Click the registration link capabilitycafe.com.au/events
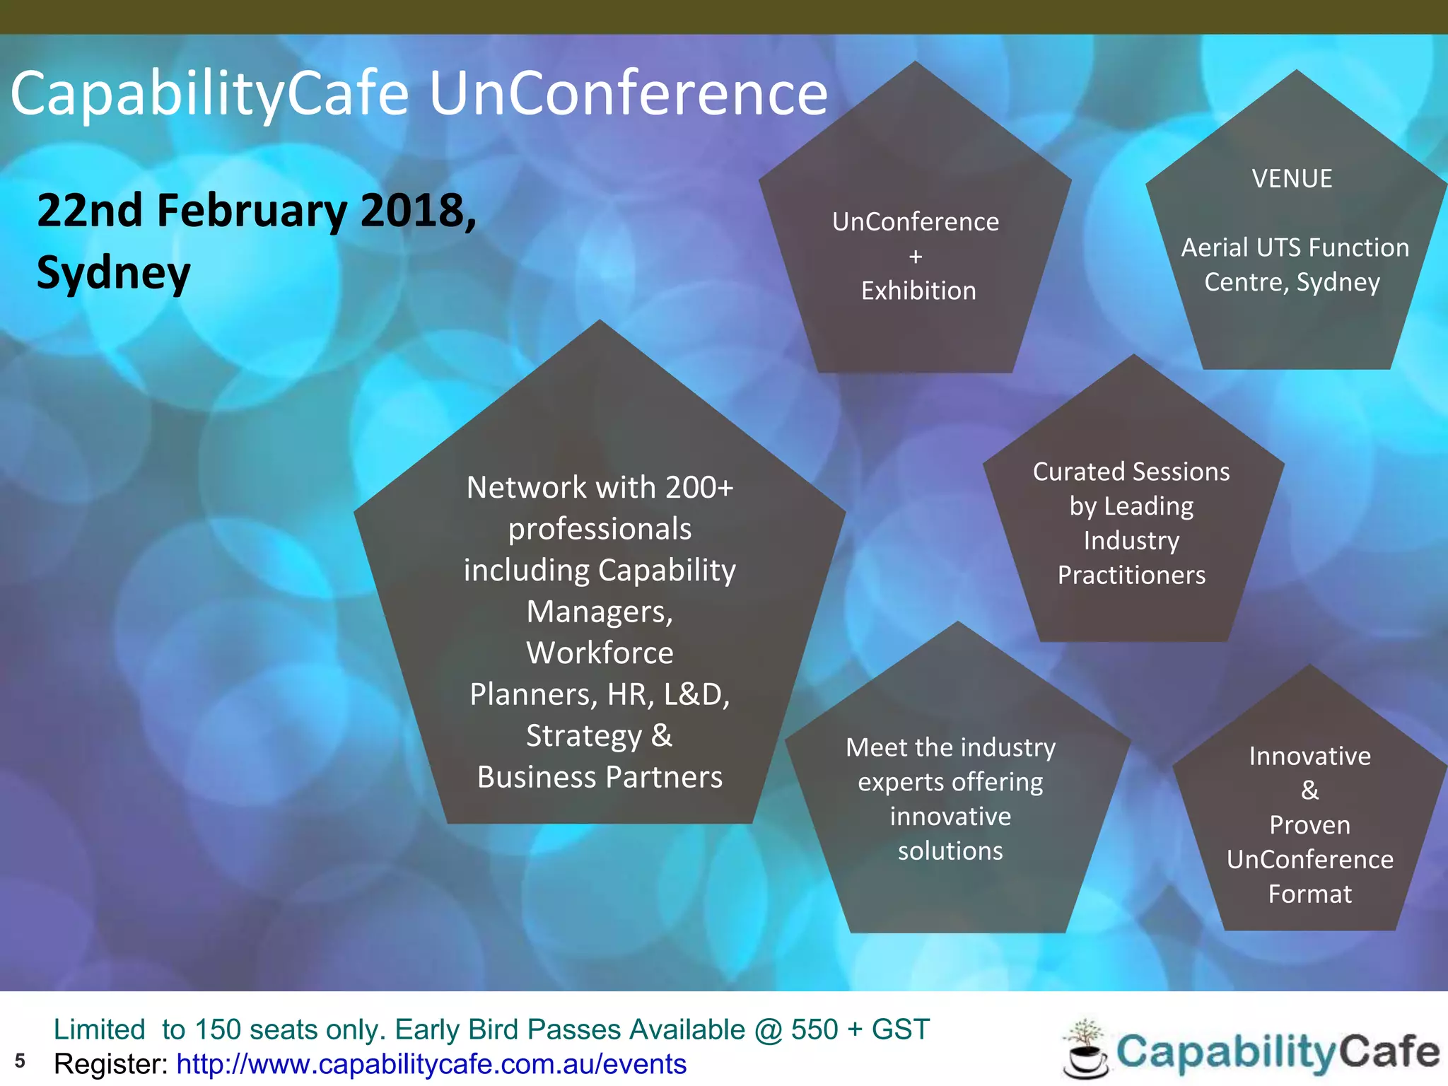coord(431,1064)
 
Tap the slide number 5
coord(20,1061)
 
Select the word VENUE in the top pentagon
coord(1292,179)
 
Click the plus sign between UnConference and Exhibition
coord(916,257)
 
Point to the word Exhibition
coord(918,291)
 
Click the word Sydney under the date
coord(114,273)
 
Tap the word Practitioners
coord(1131,575)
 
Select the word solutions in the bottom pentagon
coord(950,851)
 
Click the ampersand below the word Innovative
coord(1309,790)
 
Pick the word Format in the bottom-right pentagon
coord(1309,894)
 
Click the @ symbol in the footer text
coord(769,1029)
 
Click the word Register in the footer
coord(110,1064)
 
